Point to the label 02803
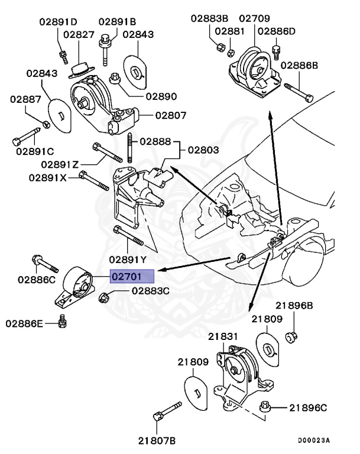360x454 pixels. pos(203,151)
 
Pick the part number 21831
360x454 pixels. pos(223,336)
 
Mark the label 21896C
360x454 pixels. pos(307,408)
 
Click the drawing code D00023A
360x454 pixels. pos(313,440)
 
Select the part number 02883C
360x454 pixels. pos(150,291)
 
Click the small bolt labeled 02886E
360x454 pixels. pos(63,321)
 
